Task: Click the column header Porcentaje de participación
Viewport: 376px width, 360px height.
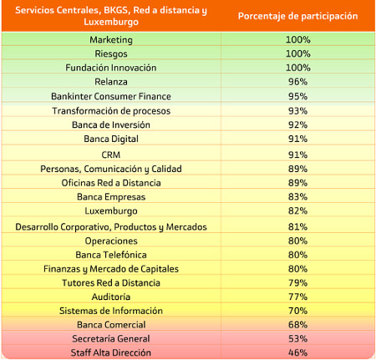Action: pyautogui.click(x=297, y=16)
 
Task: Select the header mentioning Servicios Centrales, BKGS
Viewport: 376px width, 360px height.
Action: pyautogui.click(x=111, y=16)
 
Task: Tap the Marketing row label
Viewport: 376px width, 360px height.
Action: pyautogui.click(x=111, y=40)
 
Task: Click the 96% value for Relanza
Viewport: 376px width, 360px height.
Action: pyautogui.click(x=297, y=82)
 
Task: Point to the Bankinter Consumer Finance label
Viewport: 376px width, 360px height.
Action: pyautogui.click(x=111, y=96)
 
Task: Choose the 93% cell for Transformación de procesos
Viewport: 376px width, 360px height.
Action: pyautogui.click(x=297, y=111)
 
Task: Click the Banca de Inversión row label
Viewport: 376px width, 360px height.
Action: pyautogui.click(x=111, y=124)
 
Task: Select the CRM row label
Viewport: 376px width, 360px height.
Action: pyautogui.click(x=111, y=155)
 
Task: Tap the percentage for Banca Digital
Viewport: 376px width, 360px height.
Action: pyautogui.click(x=297, y=139)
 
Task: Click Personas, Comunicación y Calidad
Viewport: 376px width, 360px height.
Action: pyautogui.click(x=111, y=169)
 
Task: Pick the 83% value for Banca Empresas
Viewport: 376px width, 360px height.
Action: pyautogui.click(x=297, y=197)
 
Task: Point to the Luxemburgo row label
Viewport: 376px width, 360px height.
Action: pyautogui.click(x=111, y=211)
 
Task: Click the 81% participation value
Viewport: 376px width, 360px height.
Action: pyautogui.click(x=297, y=226)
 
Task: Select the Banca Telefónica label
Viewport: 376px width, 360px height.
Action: pyautogui.click(x=111, y=255)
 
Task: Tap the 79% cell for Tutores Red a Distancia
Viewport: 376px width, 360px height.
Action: pyautogui.click(x=297, y=283)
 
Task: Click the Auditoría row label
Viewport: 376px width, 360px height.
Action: pyautogui.click(x=111, y=297)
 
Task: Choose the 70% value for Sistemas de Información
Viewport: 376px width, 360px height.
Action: pyautogui.click(x=297, y=311)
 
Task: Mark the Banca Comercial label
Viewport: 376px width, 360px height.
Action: pyautogui.click(x=111, y=325)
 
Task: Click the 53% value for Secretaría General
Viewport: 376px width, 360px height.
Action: pyautogui.click(x=297, y=338)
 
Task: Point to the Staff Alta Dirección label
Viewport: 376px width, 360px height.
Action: pyautogui.click(x=111, y=352)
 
